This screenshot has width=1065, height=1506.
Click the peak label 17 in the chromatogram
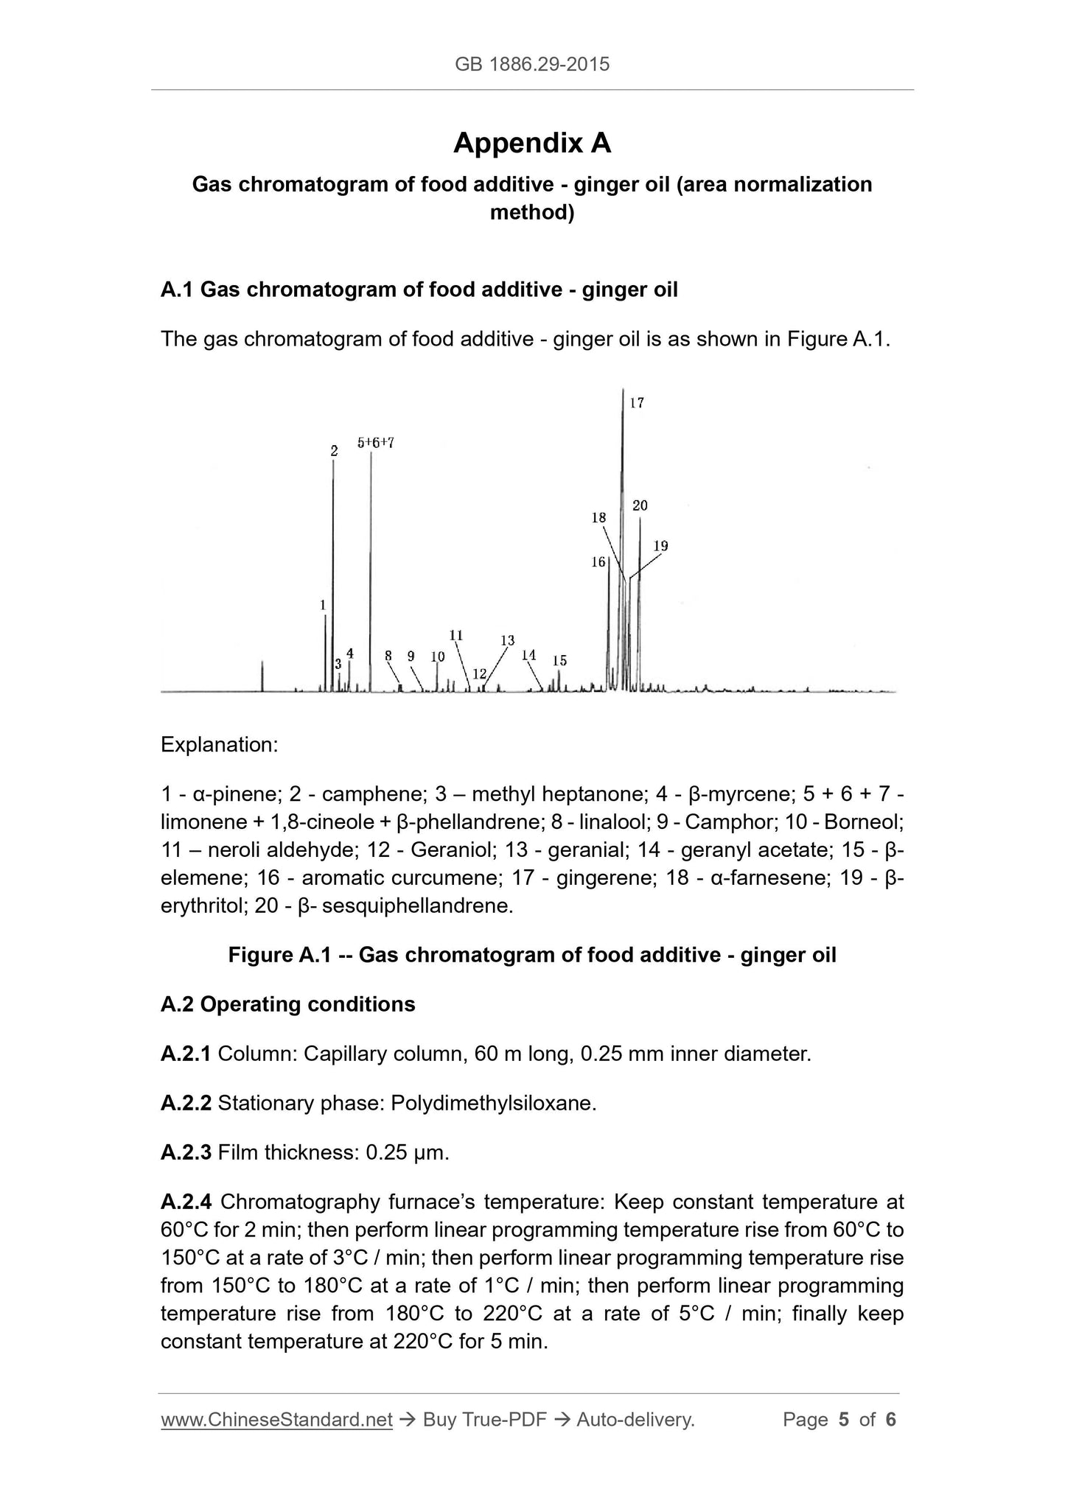click(638, 403)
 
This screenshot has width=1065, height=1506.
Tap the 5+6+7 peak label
click(376, 443)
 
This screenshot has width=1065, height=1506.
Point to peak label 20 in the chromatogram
click(640, 505)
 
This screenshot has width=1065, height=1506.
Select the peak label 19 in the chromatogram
click(660, 546)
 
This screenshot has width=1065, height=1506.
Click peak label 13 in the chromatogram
click(507, 640)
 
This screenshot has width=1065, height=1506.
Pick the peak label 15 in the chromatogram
click(559, 660)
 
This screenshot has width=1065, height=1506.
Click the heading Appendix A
click(532, 143)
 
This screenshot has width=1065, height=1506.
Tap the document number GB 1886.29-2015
click(532, 64)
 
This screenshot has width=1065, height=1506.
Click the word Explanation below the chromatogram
click(219, 744)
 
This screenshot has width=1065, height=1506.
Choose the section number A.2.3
click(186, 1152)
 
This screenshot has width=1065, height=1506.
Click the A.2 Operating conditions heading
click(288, 1004)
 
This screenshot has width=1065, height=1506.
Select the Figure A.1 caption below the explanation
click(532, 955)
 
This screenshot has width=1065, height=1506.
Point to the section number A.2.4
click(186, 1202)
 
